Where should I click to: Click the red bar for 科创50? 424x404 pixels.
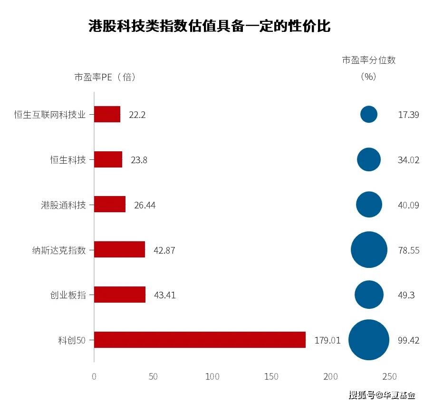point(200,340)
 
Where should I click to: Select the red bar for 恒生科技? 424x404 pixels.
point(108,159)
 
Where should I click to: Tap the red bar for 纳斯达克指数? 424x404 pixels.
point(119,249)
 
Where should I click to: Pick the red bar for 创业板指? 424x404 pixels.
point(120,295)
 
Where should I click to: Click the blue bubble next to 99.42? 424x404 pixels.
point(369,340)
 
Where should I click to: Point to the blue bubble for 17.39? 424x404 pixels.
point(369,114)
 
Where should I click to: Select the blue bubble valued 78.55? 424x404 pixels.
point(369,249)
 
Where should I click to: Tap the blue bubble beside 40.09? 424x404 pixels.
point(369,205)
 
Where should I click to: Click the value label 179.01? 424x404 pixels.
point(328,340)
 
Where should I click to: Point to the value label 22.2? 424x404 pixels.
point(137,115)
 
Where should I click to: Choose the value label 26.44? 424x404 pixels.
point(145,205)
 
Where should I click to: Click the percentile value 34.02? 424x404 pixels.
point(408,160)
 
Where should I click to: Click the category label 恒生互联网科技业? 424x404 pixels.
point(50,115)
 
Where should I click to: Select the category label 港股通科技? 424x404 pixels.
point(63,205)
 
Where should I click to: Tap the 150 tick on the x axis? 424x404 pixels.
point(271,376)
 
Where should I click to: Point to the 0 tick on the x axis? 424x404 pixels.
point(94,376)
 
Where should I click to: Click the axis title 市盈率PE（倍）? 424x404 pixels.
point(105,77)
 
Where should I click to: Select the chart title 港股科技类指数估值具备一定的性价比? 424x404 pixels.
point(210,26)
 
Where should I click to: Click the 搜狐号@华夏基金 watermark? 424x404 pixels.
point(382,395)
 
